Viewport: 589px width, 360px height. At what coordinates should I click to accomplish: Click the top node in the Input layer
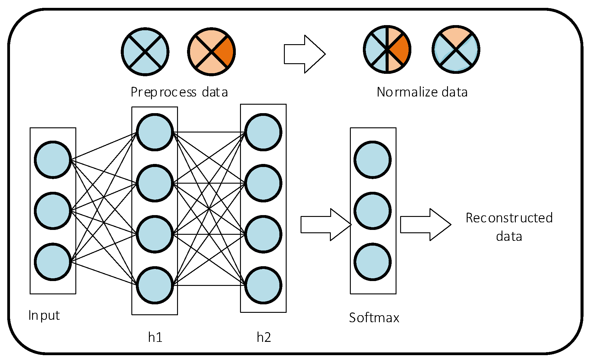(x=53, y=160)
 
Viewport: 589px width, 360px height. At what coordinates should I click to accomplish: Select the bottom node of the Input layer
(x=53, y=262)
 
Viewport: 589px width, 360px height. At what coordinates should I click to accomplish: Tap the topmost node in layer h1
(x=155, y=132)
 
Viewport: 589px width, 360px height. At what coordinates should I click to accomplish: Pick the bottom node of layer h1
(x=155, y=285)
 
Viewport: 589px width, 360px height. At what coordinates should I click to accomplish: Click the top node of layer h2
(x=263, y=132)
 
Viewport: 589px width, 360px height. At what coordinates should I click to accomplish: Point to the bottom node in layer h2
(x=263, y=285)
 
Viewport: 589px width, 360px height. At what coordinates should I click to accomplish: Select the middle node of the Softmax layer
(x=373, y=211)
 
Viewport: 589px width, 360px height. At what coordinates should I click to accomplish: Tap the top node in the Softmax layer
(x=373, y=160)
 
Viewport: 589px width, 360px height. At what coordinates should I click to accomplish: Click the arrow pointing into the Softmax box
(x=326, y=224)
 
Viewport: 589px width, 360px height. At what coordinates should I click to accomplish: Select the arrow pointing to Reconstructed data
(x=426, y=224)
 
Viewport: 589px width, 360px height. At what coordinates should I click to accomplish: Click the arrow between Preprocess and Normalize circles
(x=304, y=54)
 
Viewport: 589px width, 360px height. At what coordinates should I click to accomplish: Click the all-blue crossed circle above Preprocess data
(x=145, y=52)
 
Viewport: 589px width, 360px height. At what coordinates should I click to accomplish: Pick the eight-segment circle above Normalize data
(x=387, y=49)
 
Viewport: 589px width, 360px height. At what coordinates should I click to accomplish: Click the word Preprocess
(x=164, y=92)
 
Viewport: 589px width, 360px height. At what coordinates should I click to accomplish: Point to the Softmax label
(x=374, y=318)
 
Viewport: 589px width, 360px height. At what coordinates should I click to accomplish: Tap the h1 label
(x=155, y=337)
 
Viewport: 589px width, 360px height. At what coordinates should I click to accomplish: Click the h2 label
(x=264, y=337)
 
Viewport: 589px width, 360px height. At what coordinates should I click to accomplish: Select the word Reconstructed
(x=509, y=218)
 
